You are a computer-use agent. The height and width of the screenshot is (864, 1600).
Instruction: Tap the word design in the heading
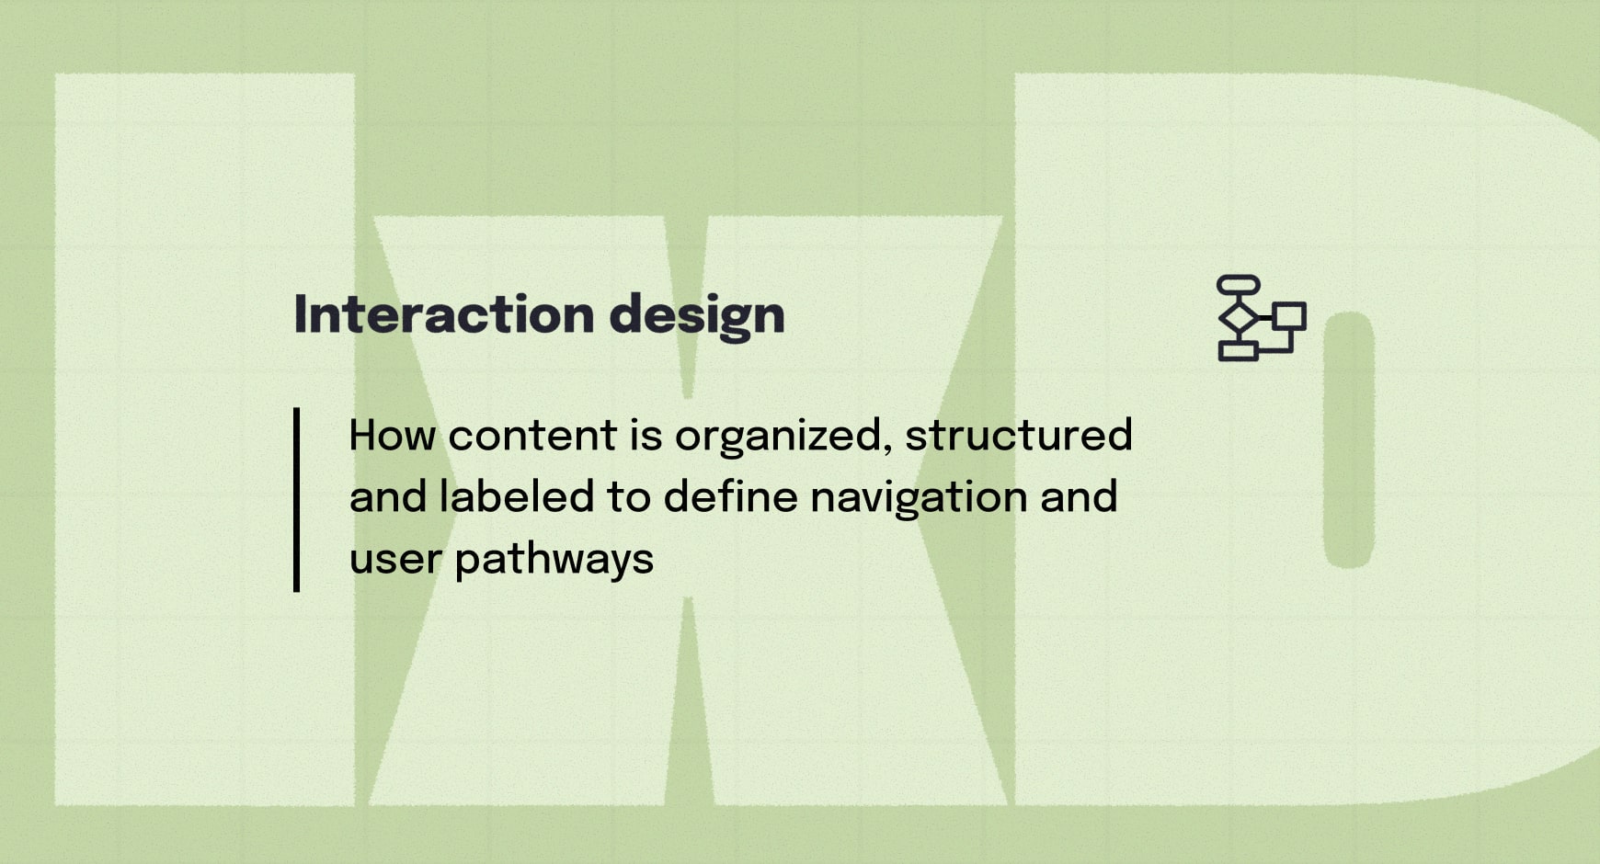(696, 316)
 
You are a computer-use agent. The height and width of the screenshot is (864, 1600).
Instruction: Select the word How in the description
(393, 435)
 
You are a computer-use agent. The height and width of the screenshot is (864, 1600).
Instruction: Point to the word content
(532, 436)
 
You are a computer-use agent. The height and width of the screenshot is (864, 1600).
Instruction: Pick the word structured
(1018, 435)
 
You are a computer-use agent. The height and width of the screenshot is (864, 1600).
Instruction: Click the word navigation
(919, 498)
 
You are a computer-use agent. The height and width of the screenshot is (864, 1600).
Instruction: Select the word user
(395, 560)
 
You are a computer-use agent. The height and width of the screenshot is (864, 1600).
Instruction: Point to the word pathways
(554, 560)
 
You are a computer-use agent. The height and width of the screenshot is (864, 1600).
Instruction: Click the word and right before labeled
(388, 496)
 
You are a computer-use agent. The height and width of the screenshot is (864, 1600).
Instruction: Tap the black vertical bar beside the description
(296, 499)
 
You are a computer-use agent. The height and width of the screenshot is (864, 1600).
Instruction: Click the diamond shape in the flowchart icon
(1238, 317)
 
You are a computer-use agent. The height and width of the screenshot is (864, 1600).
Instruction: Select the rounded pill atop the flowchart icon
(1238, 285)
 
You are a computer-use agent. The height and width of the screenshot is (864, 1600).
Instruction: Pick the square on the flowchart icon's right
(1289, 316)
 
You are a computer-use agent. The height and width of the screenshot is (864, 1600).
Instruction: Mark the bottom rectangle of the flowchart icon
(1238, 351)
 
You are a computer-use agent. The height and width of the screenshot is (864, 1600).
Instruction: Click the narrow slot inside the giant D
(1349, 439)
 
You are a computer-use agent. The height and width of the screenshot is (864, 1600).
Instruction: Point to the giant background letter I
(204, 439)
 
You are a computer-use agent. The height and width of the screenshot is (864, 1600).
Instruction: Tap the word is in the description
(646, 435)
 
